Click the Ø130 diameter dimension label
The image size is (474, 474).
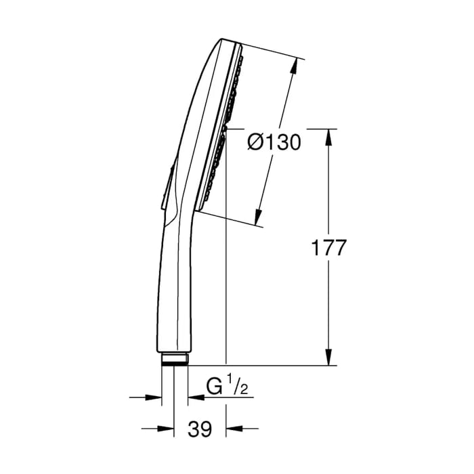(274, 143)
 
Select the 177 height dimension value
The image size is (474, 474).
(328, 248)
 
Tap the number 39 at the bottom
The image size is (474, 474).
(199, 428)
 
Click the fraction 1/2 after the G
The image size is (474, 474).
(234, 387)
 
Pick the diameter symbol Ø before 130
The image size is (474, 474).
(254, 143)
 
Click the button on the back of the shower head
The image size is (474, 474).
(167, 186)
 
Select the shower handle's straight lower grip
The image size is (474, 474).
(176, 298)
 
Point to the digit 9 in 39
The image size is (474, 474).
(206, 428)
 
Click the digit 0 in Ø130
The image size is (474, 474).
(293, 143)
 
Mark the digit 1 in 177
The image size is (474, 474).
(314, 248)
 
